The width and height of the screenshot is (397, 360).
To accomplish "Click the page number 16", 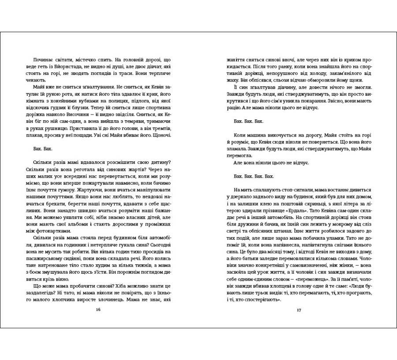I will [x=98, y=310].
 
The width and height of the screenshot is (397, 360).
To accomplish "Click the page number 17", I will [x=299, y=310].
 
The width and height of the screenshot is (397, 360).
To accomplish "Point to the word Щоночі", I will [x=161, y=134].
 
